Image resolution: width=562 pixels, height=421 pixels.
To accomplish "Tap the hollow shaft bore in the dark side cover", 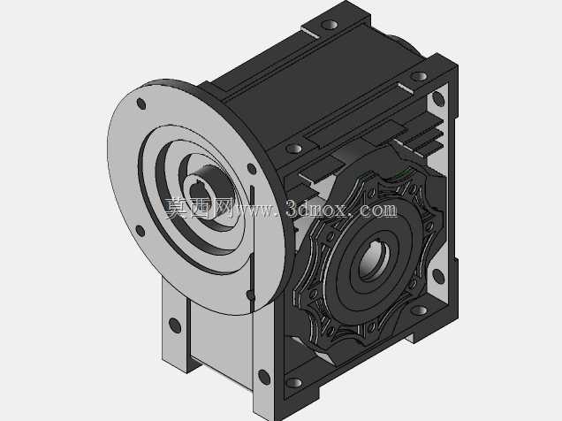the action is tap(374, 259).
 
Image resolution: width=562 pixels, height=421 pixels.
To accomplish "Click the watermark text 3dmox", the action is tap(316, 209).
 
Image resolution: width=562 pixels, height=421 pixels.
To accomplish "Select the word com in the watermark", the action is tap(379, 210).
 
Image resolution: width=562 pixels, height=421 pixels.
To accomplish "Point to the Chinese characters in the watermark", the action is tap(196, 208).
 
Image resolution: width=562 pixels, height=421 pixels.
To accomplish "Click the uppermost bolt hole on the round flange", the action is tap(141, 104).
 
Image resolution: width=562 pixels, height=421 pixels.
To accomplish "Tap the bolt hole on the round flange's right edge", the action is tap(252, 169).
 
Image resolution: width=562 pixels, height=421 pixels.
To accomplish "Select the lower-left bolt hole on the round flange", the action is tap(140, 231).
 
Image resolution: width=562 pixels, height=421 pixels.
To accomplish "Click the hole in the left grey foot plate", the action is tap(175, 325).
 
